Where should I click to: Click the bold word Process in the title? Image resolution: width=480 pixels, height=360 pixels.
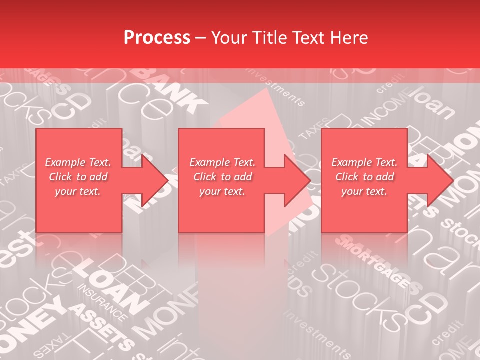(x=157, y=38)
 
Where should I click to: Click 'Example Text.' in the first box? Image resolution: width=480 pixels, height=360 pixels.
(x=78, y=162)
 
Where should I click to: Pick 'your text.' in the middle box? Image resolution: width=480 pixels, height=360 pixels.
(x=222, y=191)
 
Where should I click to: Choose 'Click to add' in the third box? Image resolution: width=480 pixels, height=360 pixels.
(x=364, y=177)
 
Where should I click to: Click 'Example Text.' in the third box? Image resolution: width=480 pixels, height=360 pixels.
(x=364, y=162)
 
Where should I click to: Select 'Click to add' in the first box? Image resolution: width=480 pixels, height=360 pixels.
(x=78, y=177)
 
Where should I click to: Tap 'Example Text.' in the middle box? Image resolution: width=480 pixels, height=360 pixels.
(x=222, y=162)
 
